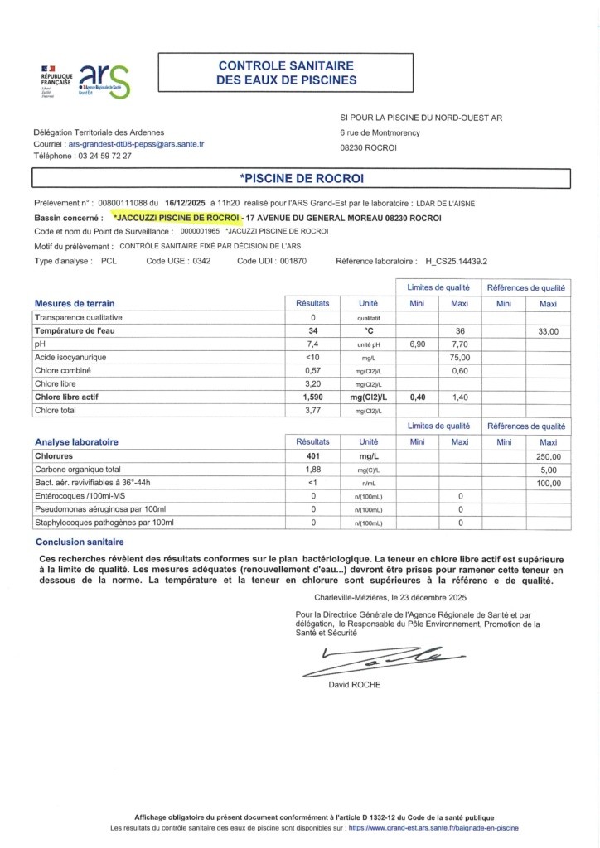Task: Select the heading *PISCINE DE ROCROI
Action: click(302, 178)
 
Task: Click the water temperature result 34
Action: click(313, 330)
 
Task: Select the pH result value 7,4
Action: click(313, 344)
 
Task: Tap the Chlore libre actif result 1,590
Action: click(313, 397)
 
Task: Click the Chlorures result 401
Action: click(313, 456)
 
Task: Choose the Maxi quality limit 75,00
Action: click(460, 357)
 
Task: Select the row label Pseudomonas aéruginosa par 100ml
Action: click(104, 509)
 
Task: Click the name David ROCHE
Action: click(356, 685)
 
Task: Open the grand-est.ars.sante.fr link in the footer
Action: click(433, 828)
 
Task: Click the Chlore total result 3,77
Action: click(313, 410)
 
